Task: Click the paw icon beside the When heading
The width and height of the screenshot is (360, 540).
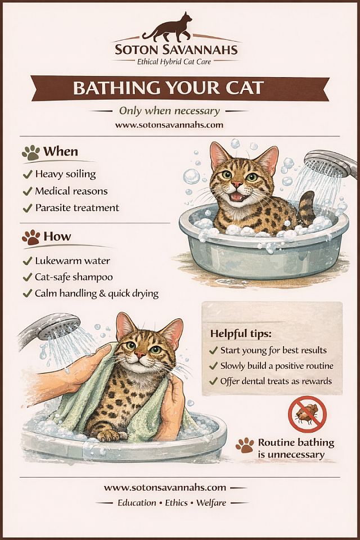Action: [31, 152]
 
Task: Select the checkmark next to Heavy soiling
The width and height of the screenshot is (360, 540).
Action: [27, 174]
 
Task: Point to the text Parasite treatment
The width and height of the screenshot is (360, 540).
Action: [77, 208]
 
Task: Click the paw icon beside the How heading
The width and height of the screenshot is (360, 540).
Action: [31, 237]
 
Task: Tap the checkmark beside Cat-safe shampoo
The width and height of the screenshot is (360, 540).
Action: [27, 277]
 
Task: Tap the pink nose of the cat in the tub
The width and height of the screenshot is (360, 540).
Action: [237, 184]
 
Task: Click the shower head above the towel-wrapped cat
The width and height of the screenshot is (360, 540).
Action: [52, 326]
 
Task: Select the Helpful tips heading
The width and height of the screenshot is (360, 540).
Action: [241, 334]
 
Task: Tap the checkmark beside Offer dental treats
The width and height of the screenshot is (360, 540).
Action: [214, 381]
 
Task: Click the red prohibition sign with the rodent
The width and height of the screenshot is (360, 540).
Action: [307, 415]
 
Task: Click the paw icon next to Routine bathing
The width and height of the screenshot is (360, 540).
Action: [245, 445]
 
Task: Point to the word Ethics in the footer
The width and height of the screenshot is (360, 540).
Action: [176, 503]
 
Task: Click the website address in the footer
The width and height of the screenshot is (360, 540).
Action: [165, 488]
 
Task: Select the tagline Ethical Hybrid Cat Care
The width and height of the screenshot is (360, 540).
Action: [174, 62]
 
